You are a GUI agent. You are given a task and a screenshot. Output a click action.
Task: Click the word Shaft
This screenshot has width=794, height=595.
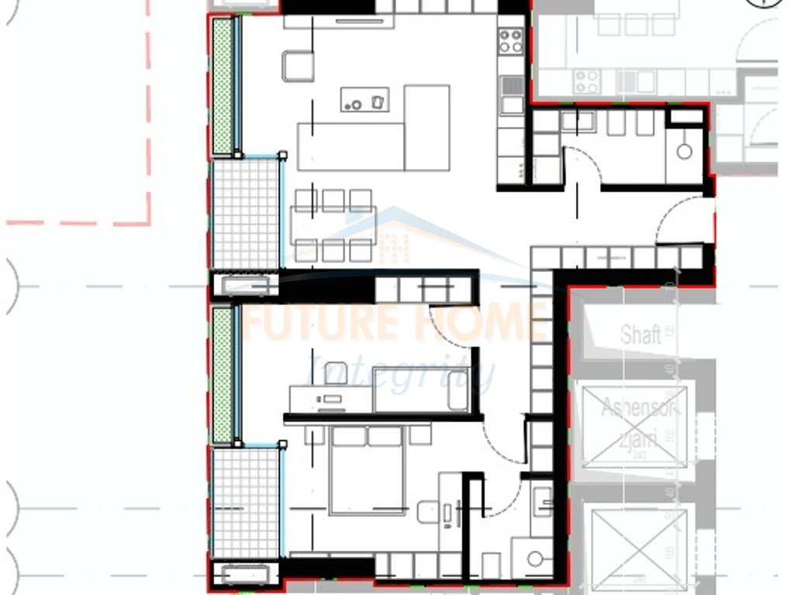(x=640, y=335)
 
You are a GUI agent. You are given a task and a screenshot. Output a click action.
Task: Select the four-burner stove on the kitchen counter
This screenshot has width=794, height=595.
(x=510, y=40)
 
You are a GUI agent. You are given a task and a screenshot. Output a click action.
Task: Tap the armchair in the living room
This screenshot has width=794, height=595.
(x=298, y=66)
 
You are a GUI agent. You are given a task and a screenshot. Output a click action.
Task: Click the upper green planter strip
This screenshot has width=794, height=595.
(x=223, y=86)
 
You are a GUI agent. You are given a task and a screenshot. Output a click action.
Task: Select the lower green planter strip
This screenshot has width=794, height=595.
(x=223, y=374)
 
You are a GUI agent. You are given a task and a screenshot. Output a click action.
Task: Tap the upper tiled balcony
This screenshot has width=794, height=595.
(x=244, y=213)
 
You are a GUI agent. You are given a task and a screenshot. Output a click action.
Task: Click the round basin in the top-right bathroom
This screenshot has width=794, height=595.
(x=684, y=151)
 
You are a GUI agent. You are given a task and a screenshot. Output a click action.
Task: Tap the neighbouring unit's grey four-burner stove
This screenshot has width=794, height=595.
(x=588, y=80)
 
